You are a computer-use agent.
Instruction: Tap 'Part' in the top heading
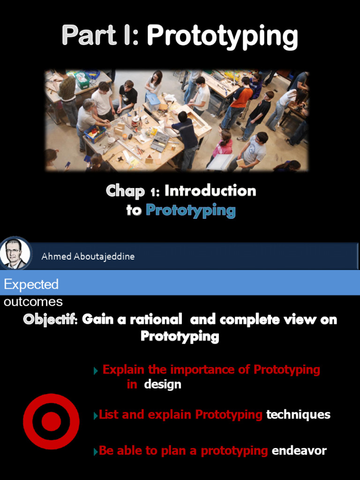[89, 36]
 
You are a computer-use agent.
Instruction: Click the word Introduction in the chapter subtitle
[210, 191]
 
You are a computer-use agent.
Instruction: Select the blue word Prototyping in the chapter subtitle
[190, 210]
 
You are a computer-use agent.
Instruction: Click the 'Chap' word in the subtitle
[125, 191]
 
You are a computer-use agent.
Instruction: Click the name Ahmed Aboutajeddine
[88, 256]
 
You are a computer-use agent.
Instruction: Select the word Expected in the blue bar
[31, 284]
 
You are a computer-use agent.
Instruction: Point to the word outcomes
[33, 301]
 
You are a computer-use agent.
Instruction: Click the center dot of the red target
[51, 421]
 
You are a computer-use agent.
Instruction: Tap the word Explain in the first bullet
[124, 369]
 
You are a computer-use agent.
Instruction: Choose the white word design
[162, 384]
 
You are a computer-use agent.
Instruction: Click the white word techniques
[298, 414]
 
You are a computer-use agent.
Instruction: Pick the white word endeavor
[299, 451]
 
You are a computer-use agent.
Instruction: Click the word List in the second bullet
[108, 414]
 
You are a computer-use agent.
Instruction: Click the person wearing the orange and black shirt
[241, 98]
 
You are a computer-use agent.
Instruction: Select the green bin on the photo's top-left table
[82, 81]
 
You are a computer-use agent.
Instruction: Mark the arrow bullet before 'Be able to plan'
[96, 451]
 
